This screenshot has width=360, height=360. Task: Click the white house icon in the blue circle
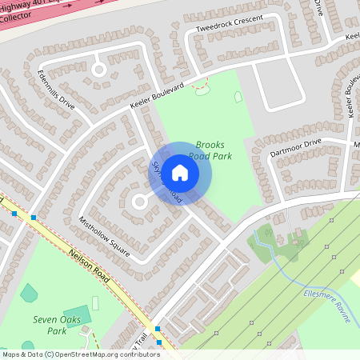180,173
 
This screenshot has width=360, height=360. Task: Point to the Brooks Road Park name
210,150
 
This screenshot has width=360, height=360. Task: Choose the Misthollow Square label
104,235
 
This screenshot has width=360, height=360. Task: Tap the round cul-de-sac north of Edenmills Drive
99,70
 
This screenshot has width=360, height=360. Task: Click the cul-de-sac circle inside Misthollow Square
138,202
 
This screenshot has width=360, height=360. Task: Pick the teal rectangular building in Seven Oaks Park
77,316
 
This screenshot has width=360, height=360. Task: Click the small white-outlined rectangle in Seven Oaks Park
95,303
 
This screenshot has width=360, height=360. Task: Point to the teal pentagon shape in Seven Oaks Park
29,294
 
